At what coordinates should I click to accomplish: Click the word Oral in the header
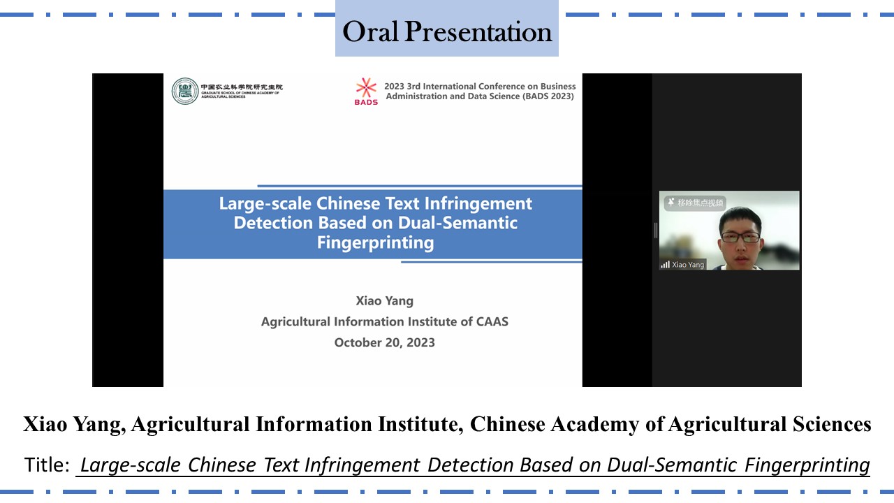coord(370,31)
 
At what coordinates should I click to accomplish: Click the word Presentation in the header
coord(478,31)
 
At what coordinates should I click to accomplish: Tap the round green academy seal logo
coord(185,91)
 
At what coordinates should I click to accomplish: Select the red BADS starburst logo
coord(366,87)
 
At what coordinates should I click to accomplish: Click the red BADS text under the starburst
coord(366,102)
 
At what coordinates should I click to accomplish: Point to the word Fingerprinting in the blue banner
coord(375,242)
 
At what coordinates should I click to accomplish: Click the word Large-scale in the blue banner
coord(265,203)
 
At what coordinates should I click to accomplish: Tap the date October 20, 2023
coord(384,342)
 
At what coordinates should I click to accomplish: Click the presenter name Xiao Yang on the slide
coord(384,300)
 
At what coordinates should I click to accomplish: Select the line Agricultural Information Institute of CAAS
coord(385,321)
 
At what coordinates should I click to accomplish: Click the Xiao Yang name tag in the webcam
coord(688,264)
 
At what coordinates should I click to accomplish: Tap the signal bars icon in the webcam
coord(666,264)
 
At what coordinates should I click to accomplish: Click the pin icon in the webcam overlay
coord(671,202)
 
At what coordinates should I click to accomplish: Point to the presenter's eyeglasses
coord(741,237)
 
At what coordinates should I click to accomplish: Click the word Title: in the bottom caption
coord(47,465)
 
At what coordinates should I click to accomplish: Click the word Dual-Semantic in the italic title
coord(672,465)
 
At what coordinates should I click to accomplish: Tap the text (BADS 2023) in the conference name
coord(548,96)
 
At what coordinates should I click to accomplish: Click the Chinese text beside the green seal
coord(242,87)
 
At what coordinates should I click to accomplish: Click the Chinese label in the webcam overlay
coord(700,203)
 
